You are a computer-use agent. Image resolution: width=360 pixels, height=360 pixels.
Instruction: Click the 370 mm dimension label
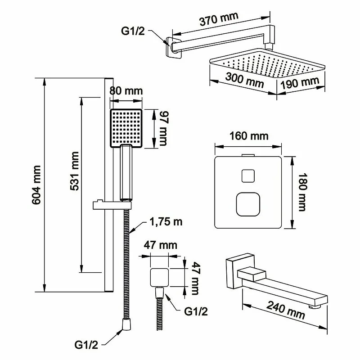tap(219, 19)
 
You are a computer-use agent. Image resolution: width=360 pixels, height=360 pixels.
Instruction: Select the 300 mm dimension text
tap(245, 80)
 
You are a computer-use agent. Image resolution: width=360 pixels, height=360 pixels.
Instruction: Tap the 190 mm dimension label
tap(300, 83)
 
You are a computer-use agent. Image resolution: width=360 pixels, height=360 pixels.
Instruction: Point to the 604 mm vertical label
tap(36, 185)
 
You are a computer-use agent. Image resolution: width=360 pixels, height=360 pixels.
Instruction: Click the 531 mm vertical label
tap(74, 171)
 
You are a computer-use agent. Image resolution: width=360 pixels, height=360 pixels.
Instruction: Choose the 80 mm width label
tap(126, 91)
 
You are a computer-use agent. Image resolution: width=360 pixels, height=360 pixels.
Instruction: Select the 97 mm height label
tap(164, 128)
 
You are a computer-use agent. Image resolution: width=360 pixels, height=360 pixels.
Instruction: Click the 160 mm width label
tap(249, 136)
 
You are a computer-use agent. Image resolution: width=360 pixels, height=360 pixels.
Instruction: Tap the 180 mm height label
tap(302, 192)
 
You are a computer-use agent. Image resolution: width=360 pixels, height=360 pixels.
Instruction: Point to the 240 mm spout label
tap(286, 310)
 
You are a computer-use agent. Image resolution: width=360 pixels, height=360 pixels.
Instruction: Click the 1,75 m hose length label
tap(166, 222)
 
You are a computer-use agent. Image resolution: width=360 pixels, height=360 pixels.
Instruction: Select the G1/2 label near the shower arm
tap(133, 31)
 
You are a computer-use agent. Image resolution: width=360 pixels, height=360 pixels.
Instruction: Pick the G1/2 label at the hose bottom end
tap(86, 345)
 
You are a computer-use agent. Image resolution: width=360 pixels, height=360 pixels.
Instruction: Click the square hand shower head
tap(126, 128)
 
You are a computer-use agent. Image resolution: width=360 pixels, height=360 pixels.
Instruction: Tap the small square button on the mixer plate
tap(248, 176)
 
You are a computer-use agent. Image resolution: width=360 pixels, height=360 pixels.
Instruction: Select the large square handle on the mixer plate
tap(248, 204)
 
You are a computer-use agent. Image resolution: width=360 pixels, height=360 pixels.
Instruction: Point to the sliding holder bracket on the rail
tap(112, 205)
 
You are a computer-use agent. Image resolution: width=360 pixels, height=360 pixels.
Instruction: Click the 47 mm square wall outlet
tap(159, 277)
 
